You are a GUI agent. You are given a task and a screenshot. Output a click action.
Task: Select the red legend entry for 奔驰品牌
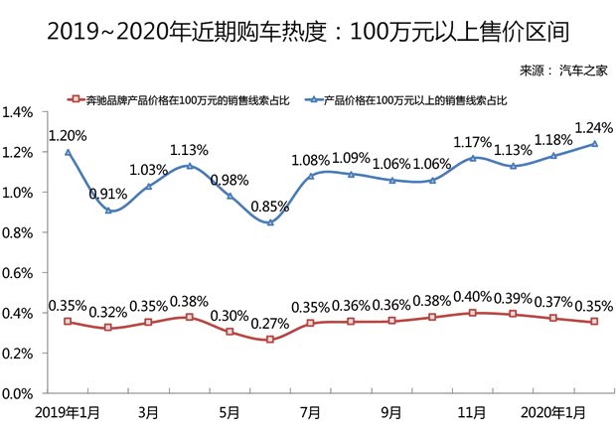(x=180, y=100)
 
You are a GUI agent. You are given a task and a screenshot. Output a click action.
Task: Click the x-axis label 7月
(x=310, y=411)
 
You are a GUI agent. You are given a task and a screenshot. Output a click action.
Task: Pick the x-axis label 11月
(x=472, y=411)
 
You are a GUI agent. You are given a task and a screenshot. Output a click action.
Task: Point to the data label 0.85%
(x=269, y=207)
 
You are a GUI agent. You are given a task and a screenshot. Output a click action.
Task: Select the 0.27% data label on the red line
(x=269, y=324)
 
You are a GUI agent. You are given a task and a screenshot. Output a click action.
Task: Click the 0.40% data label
(x=472, y=296)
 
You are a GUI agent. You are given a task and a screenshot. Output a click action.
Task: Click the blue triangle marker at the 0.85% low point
(x=269, y=222)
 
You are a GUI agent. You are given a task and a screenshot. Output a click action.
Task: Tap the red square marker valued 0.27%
(x=269, y=340)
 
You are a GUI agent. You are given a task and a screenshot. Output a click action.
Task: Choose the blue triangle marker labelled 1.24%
(x=594, y=144)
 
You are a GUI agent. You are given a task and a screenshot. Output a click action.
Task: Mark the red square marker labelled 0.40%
(x=472, y=313)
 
